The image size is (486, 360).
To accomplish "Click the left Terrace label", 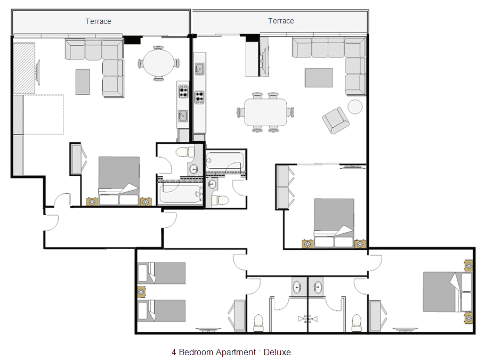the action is (x=98, y=21).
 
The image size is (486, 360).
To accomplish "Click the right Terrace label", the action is (x=281, y=21).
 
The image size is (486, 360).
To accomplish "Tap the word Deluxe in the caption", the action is (x=277, y=352).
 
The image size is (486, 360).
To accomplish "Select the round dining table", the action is (x=158, y=63).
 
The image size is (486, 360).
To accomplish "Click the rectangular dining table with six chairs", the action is (x=265, y=112).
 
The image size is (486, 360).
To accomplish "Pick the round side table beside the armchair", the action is (x=355, y=107).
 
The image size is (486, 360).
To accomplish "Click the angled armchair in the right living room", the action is (x=336, y=120).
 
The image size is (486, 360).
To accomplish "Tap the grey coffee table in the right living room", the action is (x=319, y=78).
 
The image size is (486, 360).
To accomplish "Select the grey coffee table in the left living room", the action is (x=83, y=82).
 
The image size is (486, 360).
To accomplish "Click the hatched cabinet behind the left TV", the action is (x=24, y=69).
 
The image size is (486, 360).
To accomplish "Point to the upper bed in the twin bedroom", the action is (x=161, y=273).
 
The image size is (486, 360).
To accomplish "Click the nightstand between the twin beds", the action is (x=142, y=292).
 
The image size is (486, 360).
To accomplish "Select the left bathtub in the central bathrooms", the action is (x=180, y=193).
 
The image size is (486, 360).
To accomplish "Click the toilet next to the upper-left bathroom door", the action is (x=185, y=152).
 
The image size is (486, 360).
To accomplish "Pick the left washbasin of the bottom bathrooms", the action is (x=297, y=287).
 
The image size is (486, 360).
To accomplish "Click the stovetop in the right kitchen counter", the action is (x=199, y=97).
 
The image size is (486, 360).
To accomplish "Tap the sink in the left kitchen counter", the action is (x=183, y=116).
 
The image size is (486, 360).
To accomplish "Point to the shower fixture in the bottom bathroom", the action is (x=307, y=319).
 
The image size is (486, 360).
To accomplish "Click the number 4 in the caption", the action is (x=174, y=352).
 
